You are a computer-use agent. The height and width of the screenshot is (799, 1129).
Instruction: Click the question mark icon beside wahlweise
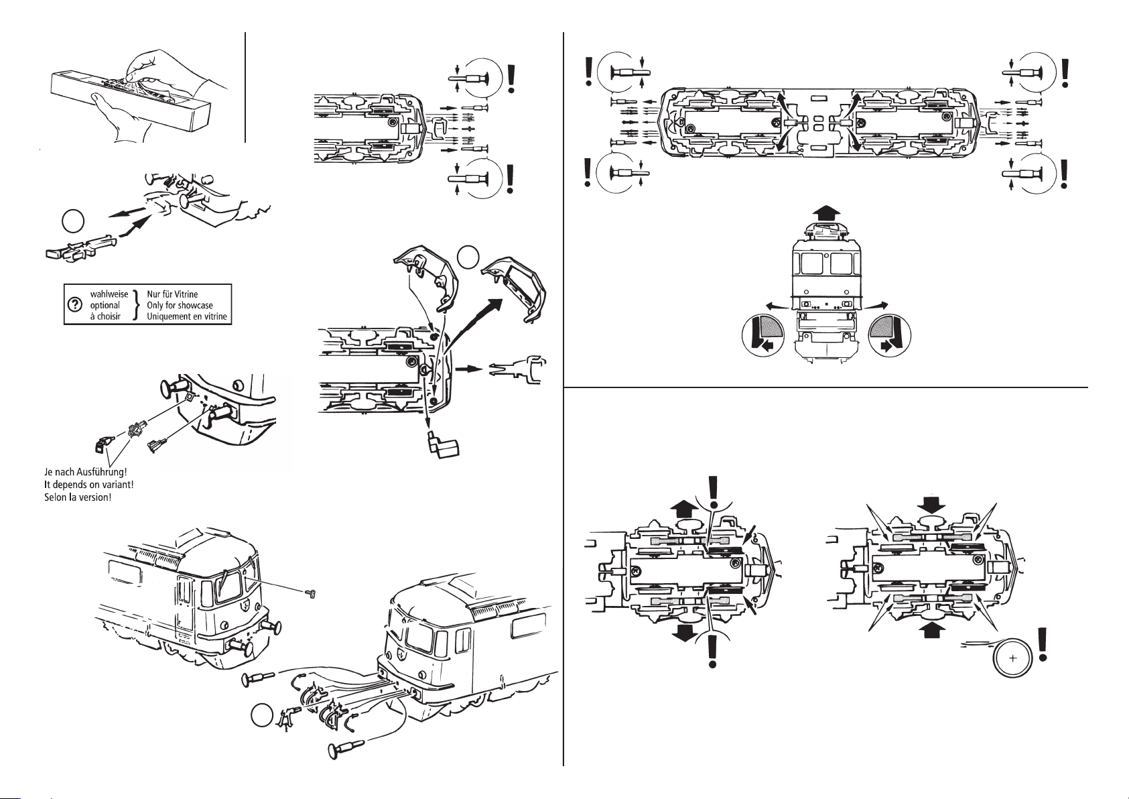pyautogui.click(x=75, y=304)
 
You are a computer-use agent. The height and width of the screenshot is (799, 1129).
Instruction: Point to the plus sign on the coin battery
pyautogui.click(x=1012, y=658)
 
